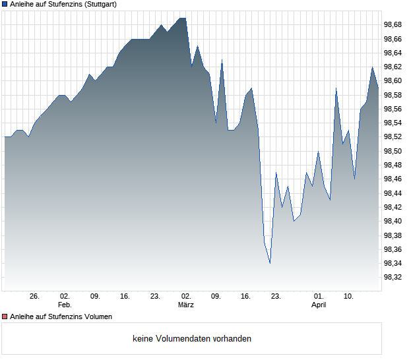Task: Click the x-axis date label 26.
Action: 35,296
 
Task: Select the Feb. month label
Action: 64,305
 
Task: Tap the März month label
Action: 186,305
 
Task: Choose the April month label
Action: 319,305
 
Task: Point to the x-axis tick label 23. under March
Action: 276,296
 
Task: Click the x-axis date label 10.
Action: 349,296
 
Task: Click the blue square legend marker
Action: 5,5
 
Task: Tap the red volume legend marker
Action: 5,316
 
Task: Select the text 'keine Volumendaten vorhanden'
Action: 191,339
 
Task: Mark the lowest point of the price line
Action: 270,263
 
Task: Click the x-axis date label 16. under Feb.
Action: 125,296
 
